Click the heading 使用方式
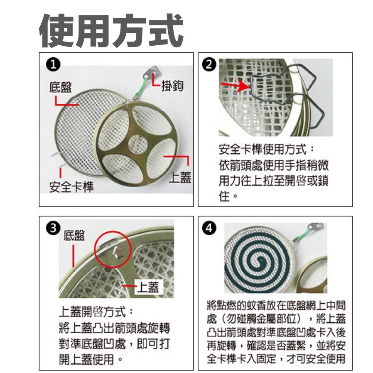pyautogui.click(x=111, y=32)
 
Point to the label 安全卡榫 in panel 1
pyautogui.click(x=71, y=187)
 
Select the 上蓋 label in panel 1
pyautogui.click(x=180, y=178)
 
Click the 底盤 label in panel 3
pyautogui.click(x=74, y=236)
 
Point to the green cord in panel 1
pyautogui.click(x=140, y=89)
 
